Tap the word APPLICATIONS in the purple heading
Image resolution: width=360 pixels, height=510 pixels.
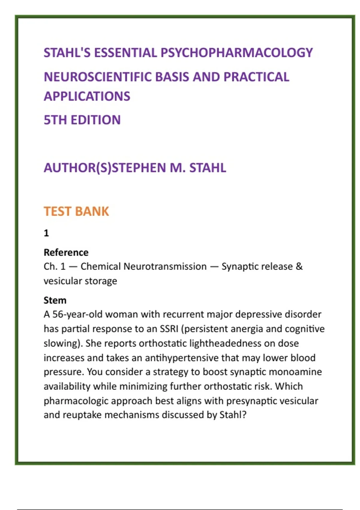pyautogui.click(x=87, y=96)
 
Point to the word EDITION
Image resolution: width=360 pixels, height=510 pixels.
pyautogui.click(x=95, y=120)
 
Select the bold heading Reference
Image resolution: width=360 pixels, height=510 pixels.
pyautogui.click(x=66, y=252)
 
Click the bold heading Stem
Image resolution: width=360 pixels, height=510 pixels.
pyautogui.click(x=55, y=300)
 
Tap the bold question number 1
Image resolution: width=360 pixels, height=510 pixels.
pyautogui.click(x=46, y=233)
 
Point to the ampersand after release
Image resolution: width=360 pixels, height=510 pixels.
pyautogui.click(x=299, y=266)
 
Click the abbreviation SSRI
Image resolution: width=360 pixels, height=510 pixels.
pyautogui.click(x=169, y=329)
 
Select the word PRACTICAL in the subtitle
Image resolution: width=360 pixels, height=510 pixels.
pyautogui.click(x=256, y=77)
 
